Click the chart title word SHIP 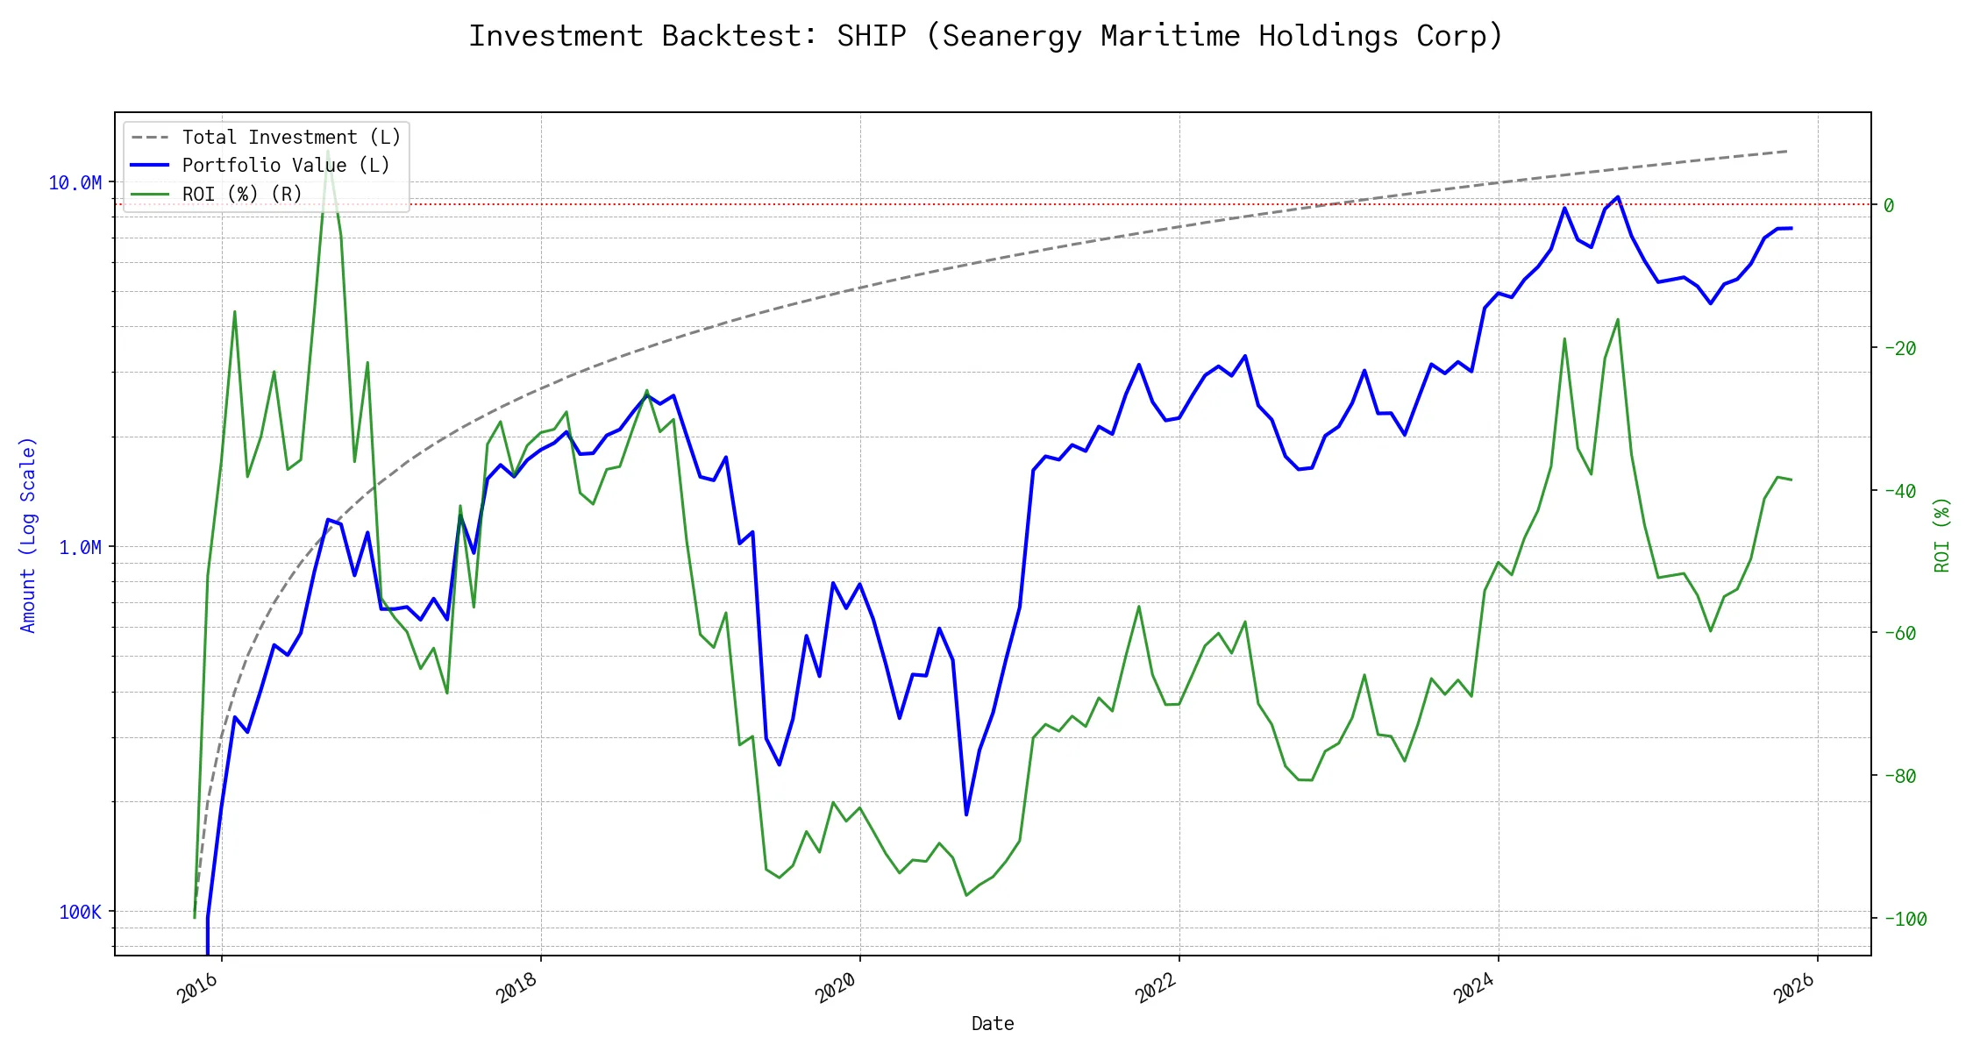coord(871,36)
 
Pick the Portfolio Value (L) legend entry coord(286,166)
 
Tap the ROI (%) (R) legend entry coord(242,194)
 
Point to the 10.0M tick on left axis coord(75,182)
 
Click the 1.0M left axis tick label coord(80,547)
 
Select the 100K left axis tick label coord(80,912)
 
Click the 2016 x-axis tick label coord(198,988)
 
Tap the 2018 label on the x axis coord(517,988)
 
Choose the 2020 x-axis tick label coord(837,988)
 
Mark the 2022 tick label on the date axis coord(1156,988)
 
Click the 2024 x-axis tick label coord(1475,988)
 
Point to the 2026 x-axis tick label coord(1794,988)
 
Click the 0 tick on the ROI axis coord(1889,205)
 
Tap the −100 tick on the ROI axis coord(1904,919)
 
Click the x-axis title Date coord(993,1023)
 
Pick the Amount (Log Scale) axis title coord(28,535)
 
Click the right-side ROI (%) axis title coord(1941,535)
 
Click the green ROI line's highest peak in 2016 coord(327,151)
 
